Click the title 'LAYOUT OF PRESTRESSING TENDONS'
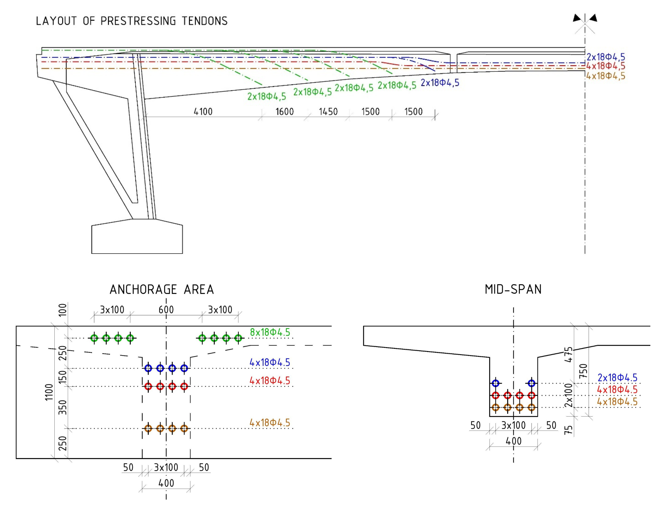(x=131, y=21)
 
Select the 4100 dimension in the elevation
(x=203, y=112)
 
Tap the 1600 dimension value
(x=285, y=112)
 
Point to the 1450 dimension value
(x=328, y=112)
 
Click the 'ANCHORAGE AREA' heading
(x=162, y=290)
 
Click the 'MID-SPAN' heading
(x=513, y=290)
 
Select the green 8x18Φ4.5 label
(x=270, y=332)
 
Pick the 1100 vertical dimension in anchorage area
(x=49, y=392)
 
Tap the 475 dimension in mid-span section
(x=568, y=354)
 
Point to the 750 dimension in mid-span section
(x=583, y=371)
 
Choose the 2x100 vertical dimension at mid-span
(x=568, y=395)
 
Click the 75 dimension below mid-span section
(x=568, y=430)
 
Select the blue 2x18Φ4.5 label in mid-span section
(x=617, y=378)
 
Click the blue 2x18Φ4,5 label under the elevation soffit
(x=440, y=83)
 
